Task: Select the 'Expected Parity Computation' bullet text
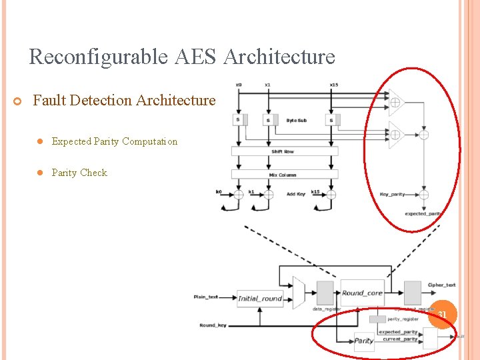pos(115,141)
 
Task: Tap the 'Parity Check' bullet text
pos(79,173)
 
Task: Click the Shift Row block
pos(284,151)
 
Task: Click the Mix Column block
pos(284,175)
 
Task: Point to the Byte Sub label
pos(296,121)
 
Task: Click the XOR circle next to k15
pos(331,195)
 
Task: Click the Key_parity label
pos(392,195)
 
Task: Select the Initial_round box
pos(260,299)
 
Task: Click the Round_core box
pos(362,293)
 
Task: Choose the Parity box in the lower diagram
pos(364,341)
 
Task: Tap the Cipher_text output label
pos(441,285)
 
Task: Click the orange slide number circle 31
pos(441,314)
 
